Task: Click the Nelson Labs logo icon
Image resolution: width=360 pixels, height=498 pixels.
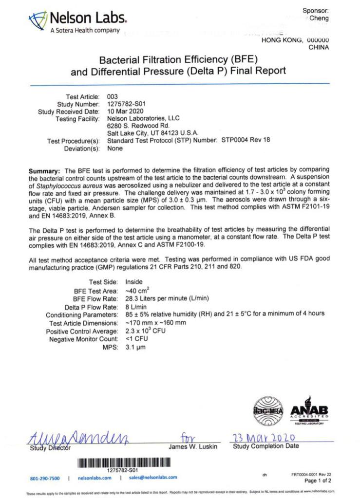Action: (x=38, y=21)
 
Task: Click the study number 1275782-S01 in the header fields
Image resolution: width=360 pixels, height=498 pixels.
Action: (x=124, y=104)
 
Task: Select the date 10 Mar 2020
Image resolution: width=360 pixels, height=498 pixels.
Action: (x=122, y=111)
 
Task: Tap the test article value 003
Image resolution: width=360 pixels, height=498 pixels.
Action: (x=112, y=96)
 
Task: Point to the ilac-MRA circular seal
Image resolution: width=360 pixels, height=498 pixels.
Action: (x=268, y=412)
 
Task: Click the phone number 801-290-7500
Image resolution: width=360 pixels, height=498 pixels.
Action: (x=45, y=478)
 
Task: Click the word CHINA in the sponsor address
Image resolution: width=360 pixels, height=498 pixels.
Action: (x=319, y=47)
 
